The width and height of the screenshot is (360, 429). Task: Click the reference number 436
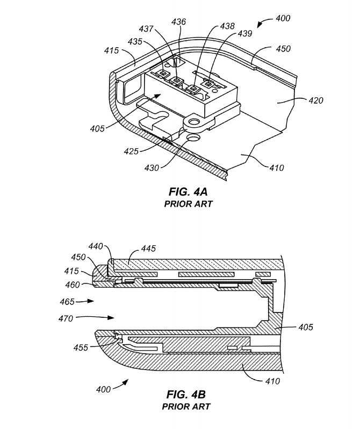tap(178, 21)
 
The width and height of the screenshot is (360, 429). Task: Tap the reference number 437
tap(146, 29)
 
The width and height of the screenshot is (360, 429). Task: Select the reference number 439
tap(244, 33)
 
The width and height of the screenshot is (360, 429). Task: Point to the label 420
tap(316, 100)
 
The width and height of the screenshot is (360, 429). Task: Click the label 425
tap(131, 151)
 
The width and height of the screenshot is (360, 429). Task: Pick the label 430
tap(152, 168)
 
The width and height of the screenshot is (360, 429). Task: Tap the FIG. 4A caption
tap(188, 192)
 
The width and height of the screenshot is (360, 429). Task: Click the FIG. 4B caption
tap(186, 394)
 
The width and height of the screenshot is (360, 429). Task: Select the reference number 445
tap(148, 249)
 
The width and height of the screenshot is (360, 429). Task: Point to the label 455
tap(81, 347)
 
